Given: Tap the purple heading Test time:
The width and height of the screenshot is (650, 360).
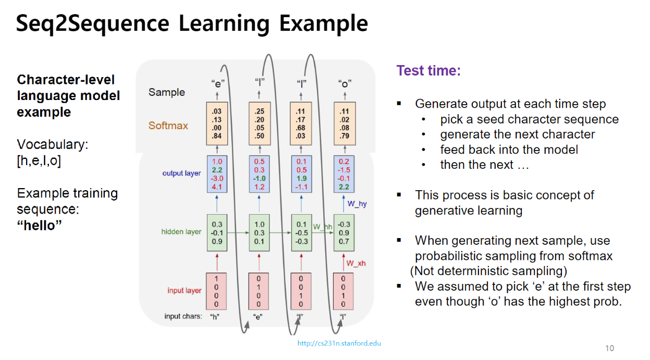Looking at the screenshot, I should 428,70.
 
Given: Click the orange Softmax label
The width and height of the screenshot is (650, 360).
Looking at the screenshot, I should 168,126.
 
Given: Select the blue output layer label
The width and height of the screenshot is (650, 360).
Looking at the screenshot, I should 181,173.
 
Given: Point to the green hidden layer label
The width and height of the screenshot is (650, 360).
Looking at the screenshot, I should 181,232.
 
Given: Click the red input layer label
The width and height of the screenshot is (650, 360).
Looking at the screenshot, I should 184,290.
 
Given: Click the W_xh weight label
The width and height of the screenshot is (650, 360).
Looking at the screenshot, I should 356,263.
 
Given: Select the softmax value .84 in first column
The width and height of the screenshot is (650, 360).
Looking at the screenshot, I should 216,136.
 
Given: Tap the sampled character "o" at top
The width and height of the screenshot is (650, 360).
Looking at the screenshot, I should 344,83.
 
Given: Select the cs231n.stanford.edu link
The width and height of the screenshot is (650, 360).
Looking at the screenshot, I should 339,343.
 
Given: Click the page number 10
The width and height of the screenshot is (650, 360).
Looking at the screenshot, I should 609,348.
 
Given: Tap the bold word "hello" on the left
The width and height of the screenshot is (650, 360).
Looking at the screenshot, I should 40,226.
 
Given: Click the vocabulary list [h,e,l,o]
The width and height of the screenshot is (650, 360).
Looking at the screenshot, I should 39,161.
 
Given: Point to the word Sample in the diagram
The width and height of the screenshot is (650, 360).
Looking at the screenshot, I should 166,92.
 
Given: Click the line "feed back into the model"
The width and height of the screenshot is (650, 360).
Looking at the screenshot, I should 509,150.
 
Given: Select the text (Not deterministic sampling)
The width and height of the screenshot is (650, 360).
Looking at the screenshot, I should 488,271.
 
